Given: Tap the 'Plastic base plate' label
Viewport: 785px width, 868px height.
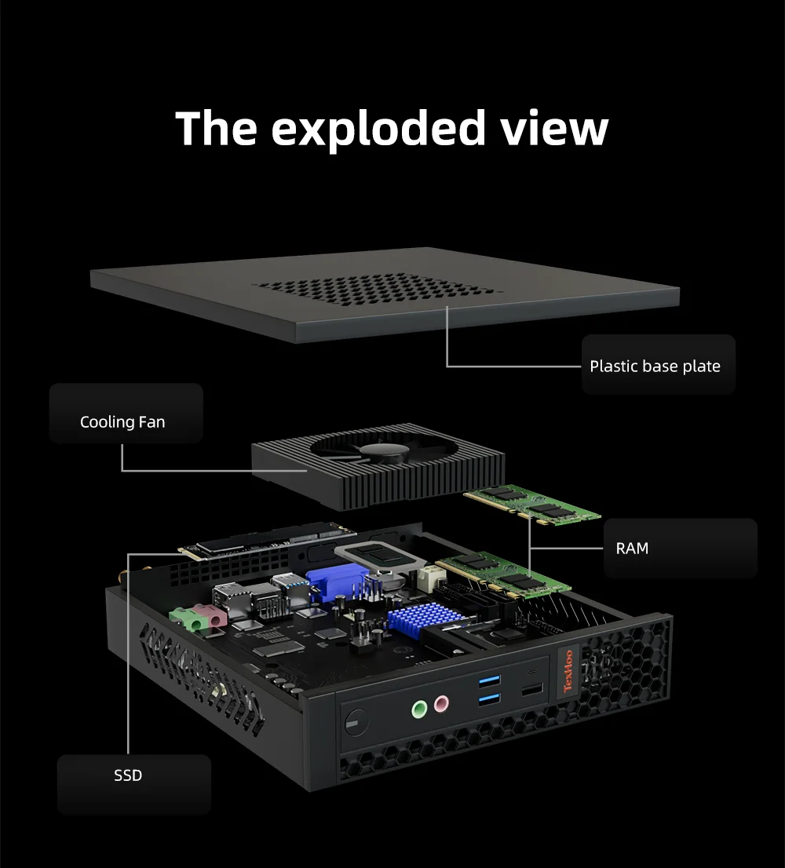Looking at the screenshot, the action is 655,366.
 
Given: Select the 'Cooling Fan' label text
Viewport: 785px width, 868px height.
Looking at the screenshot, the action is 122,422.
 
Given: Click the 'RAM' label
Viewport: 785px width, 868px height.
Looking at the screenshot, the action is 632,548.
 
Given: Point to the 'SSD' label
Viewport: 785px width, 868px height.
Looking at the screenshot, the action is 128,775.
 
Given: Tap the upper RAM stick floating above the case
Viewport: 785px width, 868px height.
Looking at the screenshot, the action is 533,504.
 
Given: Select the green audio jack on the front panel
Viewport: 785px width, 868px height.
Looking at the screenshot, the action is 420,710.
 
